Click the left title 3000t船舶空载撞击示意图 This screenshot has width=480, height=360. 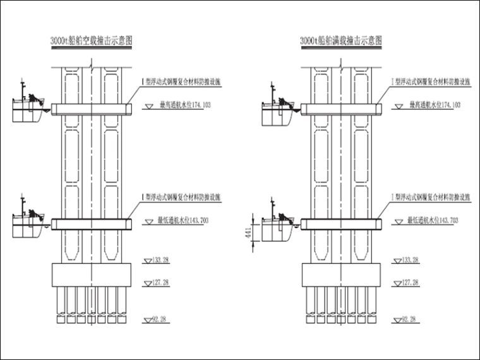coord(91,41)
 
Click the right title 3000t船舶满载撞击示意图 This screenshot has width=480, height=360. coord(342,41)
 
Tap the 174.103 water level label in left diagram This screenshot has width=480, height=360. coord(184,105)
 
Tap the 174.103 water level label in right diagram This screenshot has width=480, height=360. coord(435,105)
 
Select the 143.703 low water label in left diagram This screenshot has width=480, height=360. coord(184,220)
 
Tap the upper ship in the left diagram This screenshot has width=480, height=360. coord(28,107)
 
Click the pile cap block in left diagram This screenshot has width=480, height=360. coord(92,275)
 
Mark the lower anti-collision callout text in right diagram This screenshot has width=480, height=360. coord(431,198)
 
